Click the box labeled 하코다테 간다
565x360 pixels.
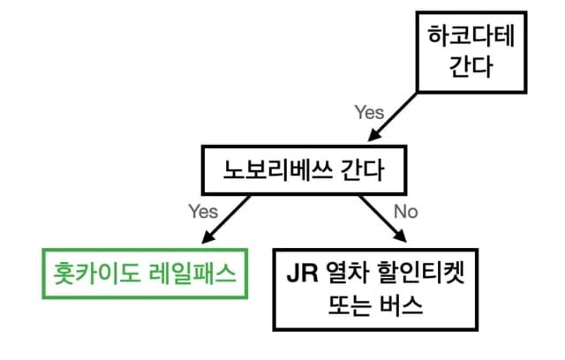pos(460,52)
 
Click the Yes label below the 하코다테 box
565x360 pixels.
pos(369,112)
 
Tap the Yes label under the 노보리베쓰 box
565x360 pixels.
pos(202,212)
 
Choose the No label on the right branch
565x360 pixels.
pos(405,212)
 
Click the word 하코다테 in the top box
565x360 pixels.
pos(460,38)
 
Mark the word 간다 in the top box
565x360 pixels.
pos(460,67)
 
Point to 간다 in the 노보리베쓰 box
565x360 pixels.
pos(361,170)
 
